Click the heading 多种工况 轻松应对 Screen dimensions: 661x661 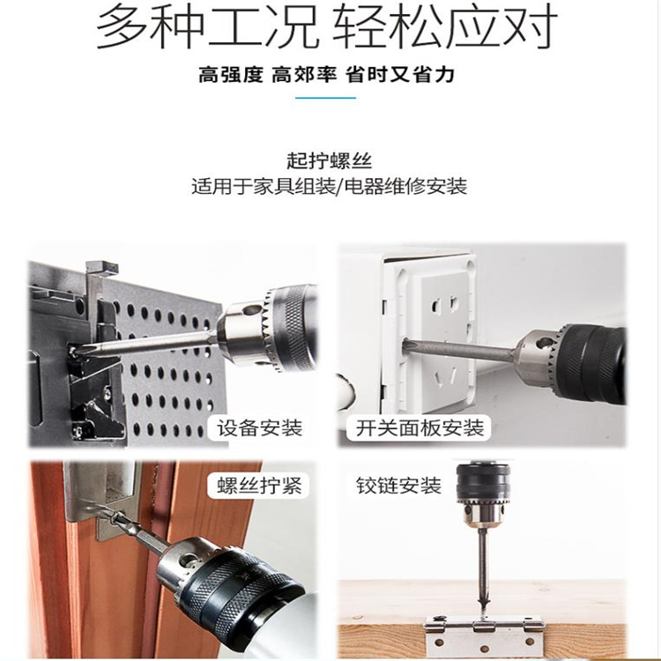pos(327,26)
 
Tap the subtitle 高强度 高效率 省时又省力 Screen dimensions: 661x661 pos(326,76)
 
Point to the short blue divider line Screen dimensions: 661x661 pos(326,98)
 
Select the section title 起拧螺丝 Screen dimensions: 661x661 pos(330,160)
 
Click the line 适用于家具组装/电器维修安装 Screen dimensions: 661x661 pos(330,186)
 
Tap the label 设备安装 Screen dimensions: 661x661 pos(260,427)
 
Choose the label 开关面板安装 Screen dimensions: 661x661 pos(420,427)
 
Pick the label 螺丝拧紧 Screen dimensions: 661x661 pos(260,486)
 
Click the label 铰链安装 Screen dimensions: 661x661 pos(398,486)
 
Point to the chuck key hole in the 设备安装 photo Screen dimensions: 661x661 pos(252,311)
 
